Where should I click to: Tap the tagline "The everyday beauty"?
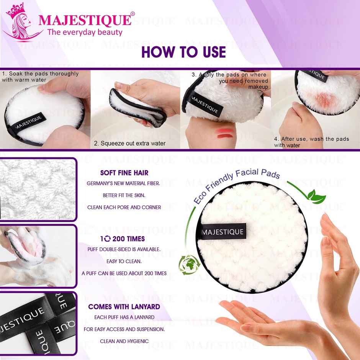click(85, 32)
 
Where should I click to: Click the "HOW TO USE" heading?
click(183, 52)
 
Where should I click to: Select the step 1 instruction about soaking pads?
click(40, 77)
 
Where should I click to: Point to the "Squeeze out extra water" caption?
click(130, 143)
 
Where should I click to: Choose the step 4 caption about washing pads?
click(311, 142)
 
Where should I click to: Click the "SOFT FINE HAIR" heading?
click(124, 173)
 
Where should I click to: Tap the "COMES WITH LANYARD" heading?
click(124, 307)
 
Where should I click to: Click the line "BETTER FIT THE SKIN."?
click(124, 195)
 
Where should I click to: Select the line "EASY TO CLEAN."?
click(124, 262)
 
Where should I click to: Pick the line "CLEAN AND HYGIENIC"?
click(124, 341)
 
